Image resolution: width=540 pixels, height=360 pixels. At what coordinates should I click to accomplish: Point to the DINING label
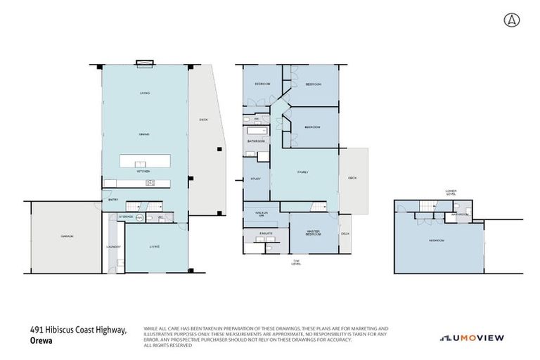[144, 134]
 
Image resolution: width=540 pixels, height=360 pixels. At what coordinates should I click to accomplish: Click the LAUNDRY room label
[113, 247]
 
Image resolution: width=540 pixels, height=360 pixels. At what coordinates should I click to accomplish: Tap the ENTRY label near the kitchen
[113, 200]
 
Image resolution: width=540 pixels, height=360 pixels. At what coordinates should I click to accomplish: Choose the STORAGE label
[126, 217]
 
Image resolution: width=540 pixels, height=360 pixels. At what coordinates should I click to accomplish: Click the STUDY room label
[256, 179]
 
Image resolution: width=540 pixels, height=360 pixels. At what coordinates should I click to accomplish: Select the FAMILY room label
[303, 172]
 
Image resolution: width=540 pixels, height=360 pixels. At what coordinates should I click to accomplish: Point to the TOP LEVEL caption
[297, 263]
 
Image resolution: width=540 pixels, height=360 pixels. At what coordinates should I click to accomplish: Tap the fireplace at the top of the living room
[144, 63]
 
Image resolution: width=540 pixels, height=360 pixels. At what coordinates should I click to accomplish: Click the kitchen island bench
[144, 161]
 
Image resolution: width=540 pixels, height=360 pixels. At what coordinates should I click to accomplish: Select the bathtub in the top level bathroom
[255, 131]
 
